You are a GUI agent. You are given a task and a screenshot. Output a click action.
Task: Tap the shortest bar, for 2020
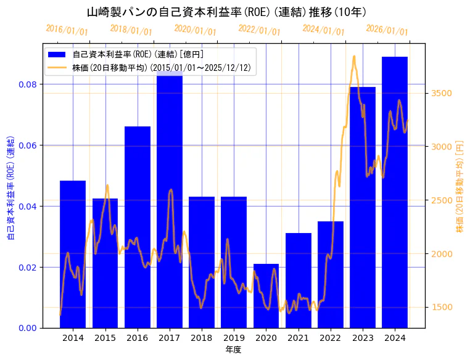point(266,296)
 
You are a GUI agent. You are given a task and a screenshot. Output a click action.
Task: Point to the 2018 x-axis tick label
point(201,338)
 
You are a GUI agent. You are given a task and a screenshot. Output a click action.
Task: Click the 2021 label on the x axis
point(298,338)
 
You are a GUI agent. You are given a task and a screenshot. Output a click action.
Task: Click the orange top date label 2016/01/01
point(67,30)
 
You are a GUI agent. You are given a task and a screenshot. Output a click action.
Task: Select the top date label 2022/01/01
point(259,30)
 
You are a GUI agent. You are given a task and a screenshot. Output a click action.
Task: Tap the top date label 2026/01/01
point(387,30)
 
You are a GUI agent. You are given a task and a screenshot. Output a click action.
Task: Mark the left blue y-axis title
point(10,189)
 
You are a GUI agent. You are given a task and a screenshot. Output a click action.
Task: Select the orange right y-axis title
point(460,186)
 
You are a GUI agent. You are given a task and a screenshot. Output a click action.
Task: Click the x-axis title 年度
point(233,350)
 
